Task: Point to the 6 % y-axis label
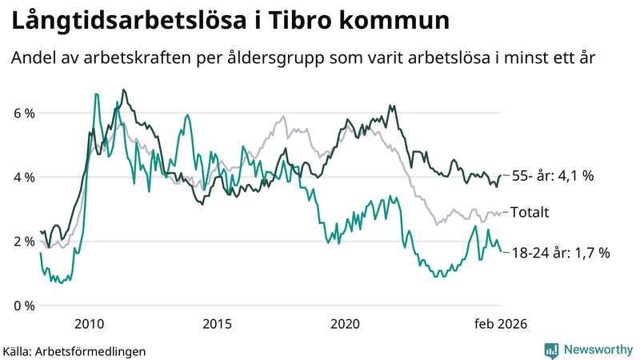tap(24, 113)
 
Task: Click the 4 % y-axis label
tap(24, 177)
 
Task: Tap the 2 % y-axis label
tap(24, 241)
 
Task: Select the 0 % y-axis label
tap(24, 306)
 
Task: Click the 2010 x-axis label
tap(88, 323)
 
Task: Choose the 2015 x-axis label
tap(217, 323)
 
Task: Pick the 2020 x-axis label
tap(345, 323)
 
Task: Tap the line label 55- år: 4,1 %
tap(552, 176)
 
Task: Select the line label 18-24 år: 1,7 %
tap(560, 253)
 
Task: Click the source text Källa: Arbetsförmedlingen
tap(74, 350)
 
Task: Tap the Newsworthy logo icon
tap(551, 350)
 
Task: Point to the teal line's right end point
tap(501, 251)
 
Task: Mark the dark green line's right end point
tap(501, 175)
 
